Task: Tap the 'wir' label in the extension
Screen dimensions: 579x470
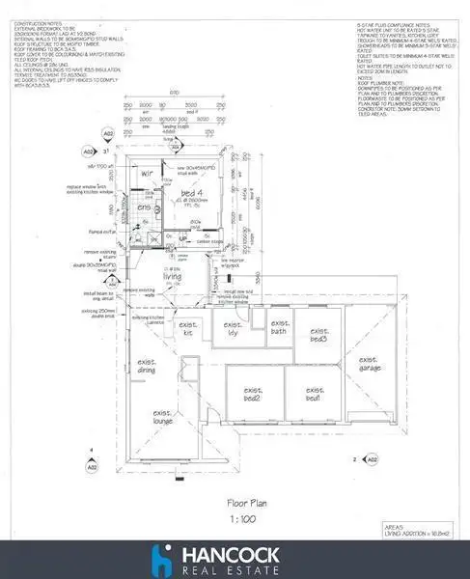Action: [148, 174]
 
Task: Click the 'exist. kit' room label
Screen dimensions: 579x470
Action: [189, 330]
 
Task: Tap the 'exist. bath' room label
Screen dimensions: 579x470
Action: [280, 328]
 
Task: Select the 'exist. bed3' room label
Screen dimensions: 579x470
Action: [317, 333]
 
